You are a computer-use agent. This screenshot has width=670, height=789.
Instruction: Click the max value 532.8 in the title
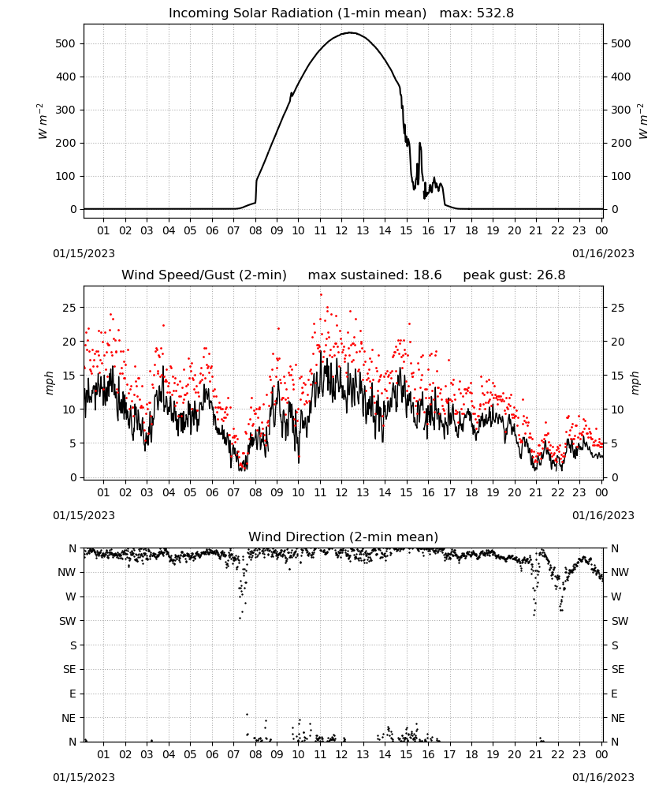[496, 13]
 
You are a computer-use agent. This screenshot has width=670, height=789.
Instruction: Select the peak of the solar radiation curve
[350, 32]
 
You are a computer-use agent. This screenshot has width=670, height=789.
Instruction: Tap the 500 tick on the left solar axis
[65, 43]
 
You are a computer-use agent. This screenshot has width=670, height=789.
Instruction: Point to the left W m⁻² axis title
[43, 122]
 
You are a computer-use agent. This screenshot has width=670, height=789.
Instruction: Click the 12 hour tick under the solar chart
[341, 230]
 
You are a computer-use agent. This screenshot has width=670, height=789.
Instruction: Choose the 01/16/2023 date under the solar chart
[603, 253]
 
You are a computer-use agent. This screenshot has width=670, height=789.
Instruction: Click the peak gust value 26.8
[554, 275]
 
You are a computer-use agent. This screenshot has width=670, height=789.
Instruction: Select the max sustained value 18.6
[428, 275]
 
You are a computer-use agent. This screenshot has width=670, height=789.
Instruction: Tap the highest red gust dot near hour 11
[321, 295]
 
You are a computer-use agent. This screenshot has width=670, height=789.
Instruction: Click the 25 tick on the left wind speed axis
[69, 308]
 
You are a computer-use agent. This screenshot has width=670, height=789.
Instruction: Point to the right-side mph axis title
[635, 383]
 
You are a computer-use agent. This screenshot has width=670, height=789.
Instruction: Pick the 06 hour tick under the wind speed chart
[211, 492]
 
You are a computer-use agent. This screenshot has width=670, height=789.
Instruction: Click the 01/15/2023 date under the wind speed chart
[84, 515]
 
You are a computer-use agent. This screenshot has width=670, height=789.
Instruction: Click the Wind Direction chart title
[344, 537]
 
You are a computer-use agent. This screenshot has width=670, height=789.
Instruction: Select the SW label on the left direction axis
[68, 621]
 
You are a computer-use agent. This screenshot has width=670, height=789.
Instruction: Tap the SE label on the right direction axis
[618, 669]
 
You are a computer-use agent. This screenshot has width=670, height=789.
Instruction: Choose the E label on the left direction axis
[73, 694]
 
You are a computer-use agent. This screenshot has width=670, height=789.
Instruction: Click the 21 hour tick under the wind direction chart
[536, 754]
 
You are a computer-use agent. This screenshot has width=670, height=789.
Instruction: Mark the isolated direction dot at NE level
[247, 715]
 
